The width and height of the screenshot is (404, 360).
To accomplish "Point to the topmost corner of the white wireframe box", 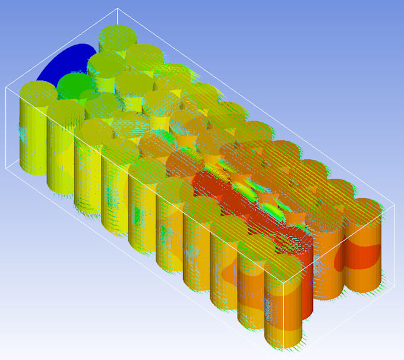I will (x=118, y=9).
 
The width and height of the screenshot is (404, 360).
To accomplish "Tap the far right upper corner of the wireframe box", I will (x=394, y=204).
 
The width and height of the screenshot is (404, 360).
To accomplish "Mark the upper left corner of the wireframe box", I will (x=6, y=87).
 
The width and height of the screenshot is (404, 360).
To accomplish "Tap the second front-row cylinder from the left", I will (x=62, y=149).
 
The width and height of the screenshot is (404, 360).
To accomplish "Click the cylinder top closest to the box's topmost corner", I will (x=118, y=36).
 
